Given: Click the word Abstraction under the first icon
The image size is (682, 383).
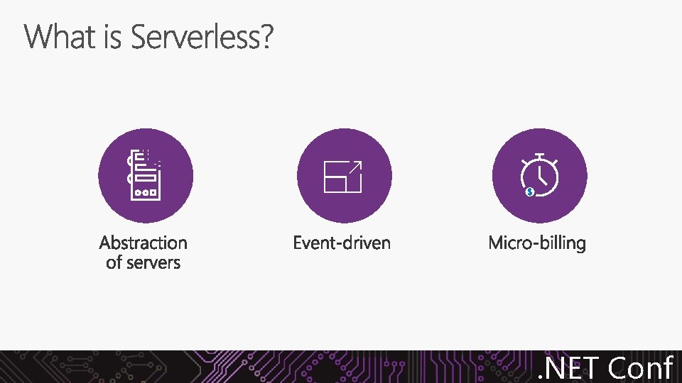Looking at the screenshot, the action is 144,243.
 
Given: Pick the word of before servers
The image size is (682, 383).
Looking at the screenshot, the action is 114,263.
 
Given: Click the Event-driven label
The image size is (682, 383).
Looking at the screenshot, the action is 342,243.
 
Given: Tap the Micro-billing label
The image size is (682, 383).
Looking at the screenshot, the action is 537,243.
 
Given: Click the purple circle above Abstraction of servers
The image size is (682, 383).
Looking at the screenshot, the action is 146,176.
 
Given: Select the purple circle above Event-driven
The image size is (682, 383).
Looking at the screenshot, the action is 344,176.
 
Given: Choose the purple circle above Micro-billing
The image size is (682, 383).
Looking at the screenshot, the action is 540,176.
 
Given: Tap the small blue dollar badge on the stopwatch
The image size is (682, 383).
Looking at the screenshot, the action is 529,191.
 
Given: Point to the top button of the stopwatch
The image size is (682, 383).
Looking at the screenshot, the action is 540,155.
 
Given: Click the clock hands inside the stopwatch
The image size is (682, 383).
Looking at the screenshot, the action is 542,174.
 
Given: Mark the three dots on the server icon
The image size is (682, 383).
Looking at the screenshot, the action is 146,192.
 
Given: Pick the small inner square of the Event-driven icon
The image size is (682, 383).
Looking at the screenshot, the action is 335,184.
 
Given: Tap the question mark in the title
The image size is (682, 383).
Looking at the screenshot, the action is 266,37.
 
